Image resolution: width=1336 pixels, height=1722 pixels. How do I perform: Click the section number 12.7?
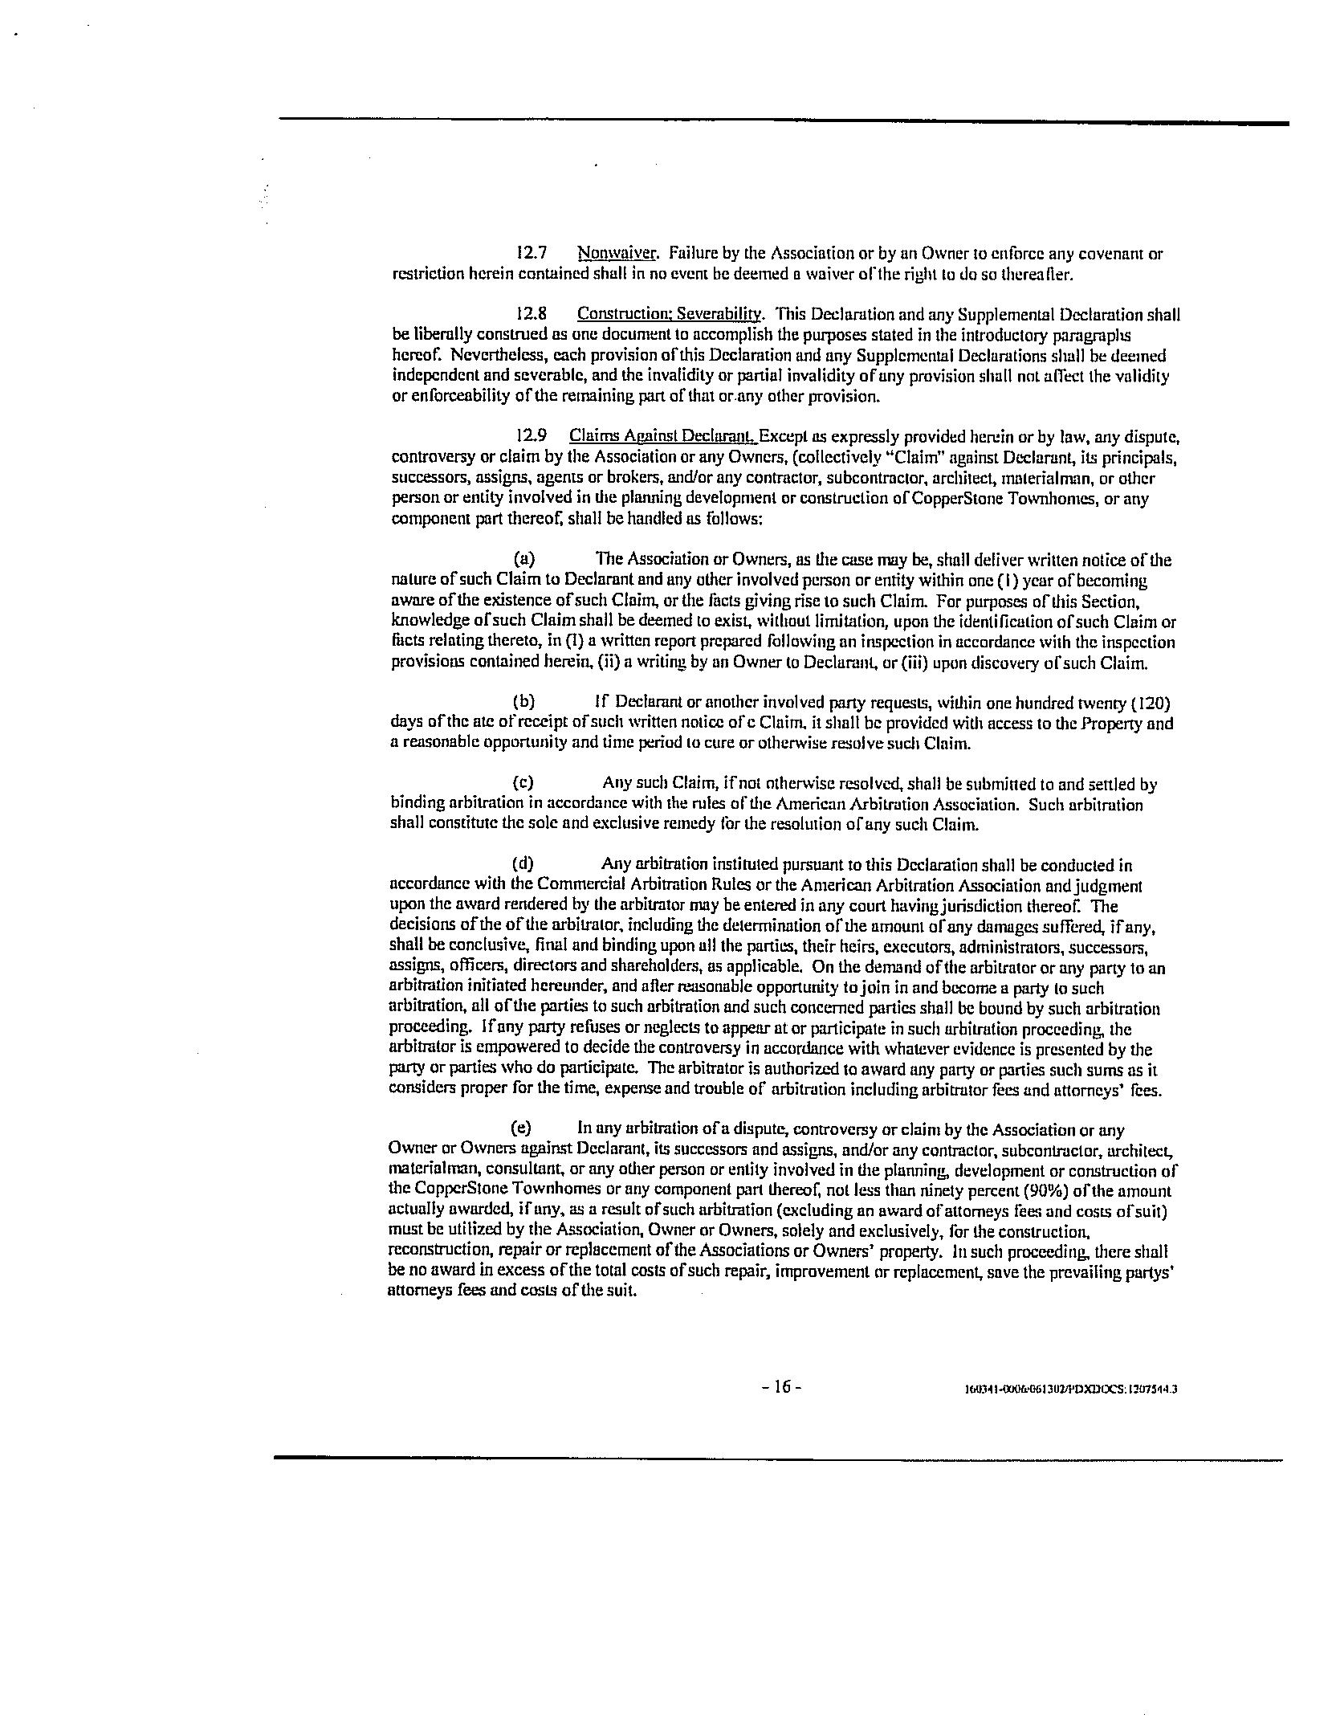click(x=532, y=254)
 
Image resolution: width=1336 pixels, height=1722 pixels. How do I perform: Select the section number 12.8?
click(x=532, y=314)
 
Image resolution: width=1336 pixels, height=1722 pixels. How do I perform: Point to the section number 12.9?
click(x=532, y=436)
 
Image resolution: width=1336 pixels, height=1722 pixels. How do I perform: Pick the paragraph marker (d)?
click(x=523, y=864)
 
